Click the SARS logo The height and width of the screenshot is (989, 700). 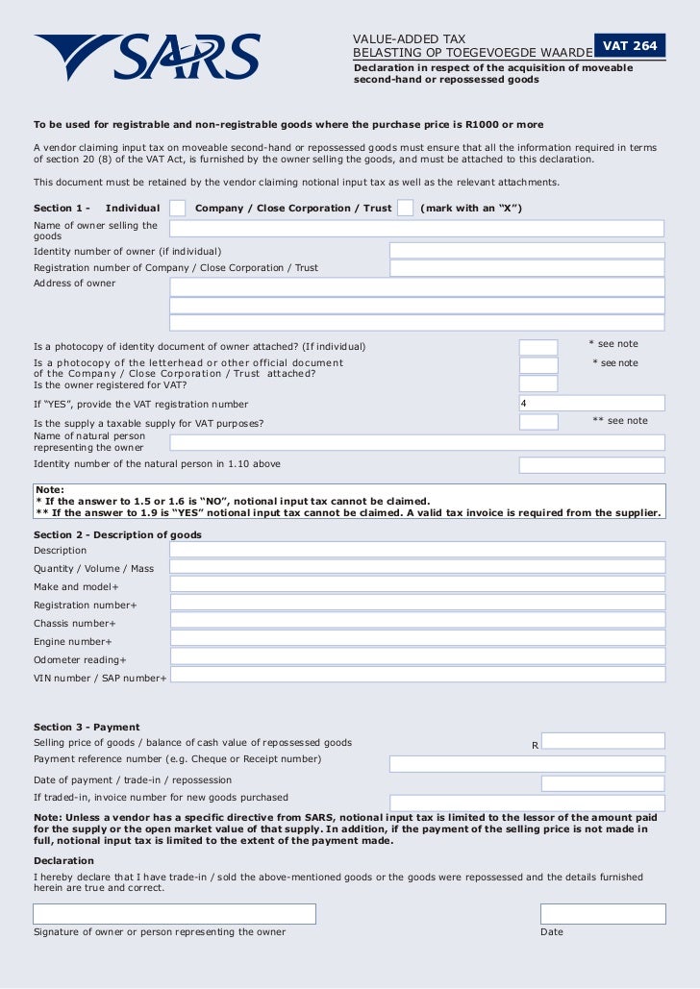click(147, 58)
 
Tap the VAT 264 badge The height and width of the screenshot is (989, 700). click(630, 46)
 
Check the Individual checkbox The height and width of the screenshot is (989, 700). click(178, 208)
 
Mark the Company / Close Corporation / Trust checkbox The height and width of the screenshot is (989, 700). click(405, 208)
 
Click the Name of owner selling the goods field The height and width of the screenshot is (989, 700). click(416, 229)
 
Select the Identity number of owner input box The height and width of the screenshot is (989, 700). click(526, 251)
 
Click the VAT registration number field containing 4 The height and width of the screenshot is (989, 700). click(590, 404)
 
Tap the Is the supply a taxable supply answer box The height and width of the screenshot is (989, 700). click(538, 422)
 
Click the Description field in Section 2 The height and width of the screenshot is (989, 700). click(416, 550)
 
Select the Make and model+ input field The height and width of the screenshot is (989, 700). click(416, 585)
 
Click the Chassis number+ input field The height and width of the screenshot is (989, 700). click(416, 622)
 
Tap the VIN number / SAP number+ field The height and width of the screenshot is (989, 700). click(416, 676)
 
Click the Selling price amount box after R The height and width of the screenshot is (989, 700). click(602, 741)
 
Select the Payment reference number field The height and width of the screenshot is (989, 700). click(526, 764)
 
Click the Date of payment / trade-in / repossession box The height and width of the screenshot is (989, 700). click(602, 783)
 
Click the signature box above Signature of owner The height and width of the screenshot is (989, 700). click(174, 913)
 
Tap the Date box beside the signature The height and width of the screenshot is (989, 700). click(602, 913)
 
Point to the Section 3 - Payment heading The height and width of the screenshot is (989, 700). click(87, 727)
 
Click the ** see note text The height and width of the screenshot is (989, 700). click(620, 421)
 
